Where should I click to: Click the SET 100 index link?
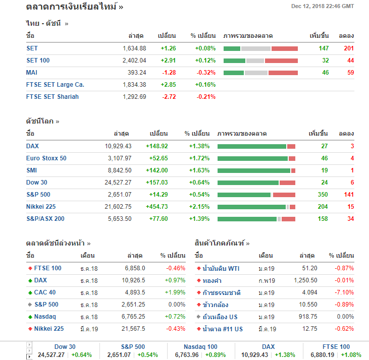tap(38, 61)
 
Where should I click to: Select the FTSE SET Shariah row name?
tap(52, 97)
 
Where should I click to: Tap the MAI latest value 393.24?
tap(135, 73)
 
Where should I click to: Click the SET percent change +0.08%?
tap(205, 48)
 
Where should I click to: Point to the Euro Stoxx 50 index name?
tap(46, 158)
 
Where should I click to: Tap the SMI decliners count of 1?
tap(352, 170)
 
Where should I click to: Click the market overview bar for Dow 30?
tap(256, 183)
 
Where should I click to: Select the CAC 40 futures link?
tap(45, 292)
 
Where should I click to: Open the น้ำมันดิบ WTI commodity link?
tap(221, 268)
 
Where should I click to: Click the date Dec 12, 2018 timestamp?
tap(323, 6)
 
